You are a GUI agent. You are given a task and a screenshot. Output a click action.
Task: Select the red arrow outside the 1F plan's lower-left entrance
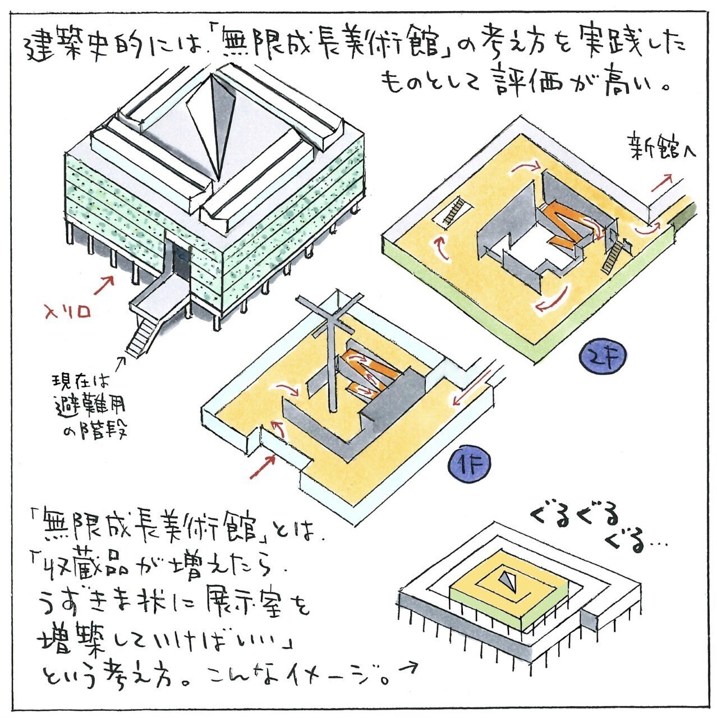[x=263, y=467]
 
